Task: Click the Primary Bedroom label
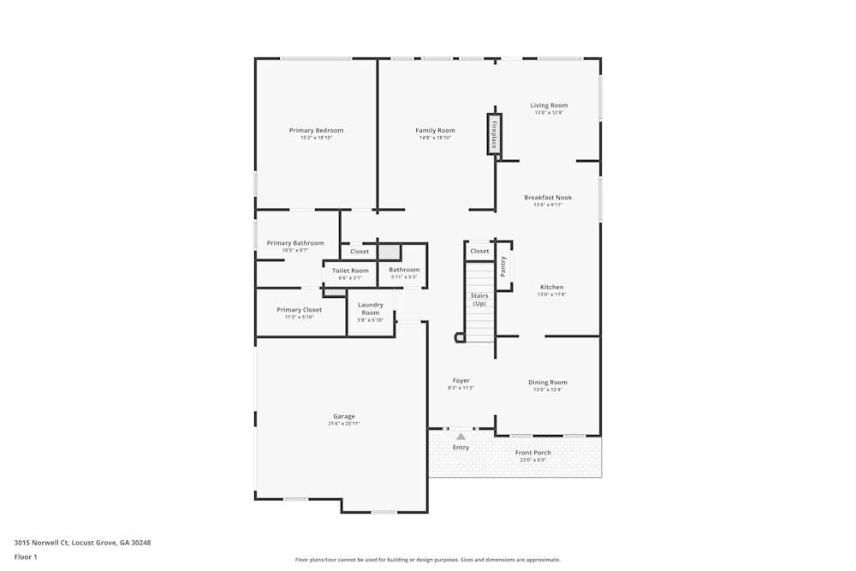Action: coord(316,131)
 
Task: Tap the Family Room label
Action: coord(435,131)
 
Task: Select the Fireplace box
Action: coord(494,134)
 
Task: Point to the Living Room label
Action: coord(549,105)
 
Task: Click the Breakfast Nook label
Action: coord(548,198)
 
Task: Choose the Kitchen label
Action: coord(551,287)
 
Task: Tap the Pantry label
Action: coord(503,266)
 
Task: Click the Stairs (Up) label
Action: coord(479,300)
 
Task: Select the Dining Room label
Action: coord(548,383)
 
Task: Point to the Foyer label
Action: coord(461,381)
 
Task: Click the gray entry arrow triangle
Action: coord(461,437)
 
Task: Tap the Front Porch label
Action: coord(532,453)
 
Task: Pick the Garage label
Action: coord(344,417)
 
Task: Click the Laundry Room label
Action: coord(371,308)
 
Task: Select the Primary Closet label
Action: coord(300,310)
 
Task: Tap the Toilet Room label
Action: coord(350,271)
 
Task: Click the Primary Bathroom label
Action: coord(295,243)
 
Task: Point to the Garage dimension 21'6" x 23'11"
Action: coord(344,424)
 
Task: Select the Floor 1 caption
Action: coord(26,556)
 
